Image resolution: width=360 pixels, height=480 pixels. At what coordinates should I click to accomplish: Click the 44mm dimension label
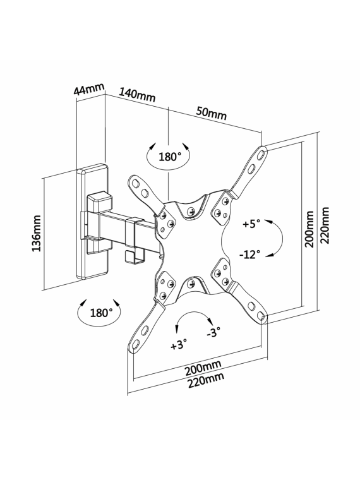[89, 89]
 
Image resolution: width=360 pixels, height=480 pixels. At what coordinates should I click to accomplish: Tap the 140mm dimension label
[137, 95]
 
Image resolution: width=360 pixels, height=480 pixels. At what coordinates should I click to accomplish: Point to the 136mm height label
[37, 233]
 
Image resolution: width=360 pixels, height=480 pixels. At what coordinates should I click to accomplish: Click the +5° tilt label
[251, 224]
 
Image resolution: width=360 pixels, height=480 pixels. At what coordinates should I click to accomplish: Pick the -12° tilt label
[249, 254]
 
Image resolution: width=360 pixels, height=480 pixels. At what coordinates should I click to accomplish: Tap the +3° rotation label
[179, 345]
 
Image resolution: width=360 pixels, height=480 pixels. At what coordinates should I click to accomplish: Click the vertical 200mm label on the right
[309, 229]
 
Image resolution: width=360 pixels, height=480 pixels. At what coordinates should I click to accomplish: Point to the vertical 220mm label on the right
[325, 225]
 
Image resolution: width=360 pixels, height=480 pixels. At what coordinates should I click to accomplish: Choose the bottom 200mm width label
[203, 368]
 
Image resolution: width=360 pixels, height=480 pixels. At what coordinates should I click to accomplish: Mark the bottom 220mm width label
[205, 380]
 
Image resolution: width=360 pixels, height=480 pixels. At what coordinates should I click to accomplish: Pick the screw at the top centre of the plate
[191, 211]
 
